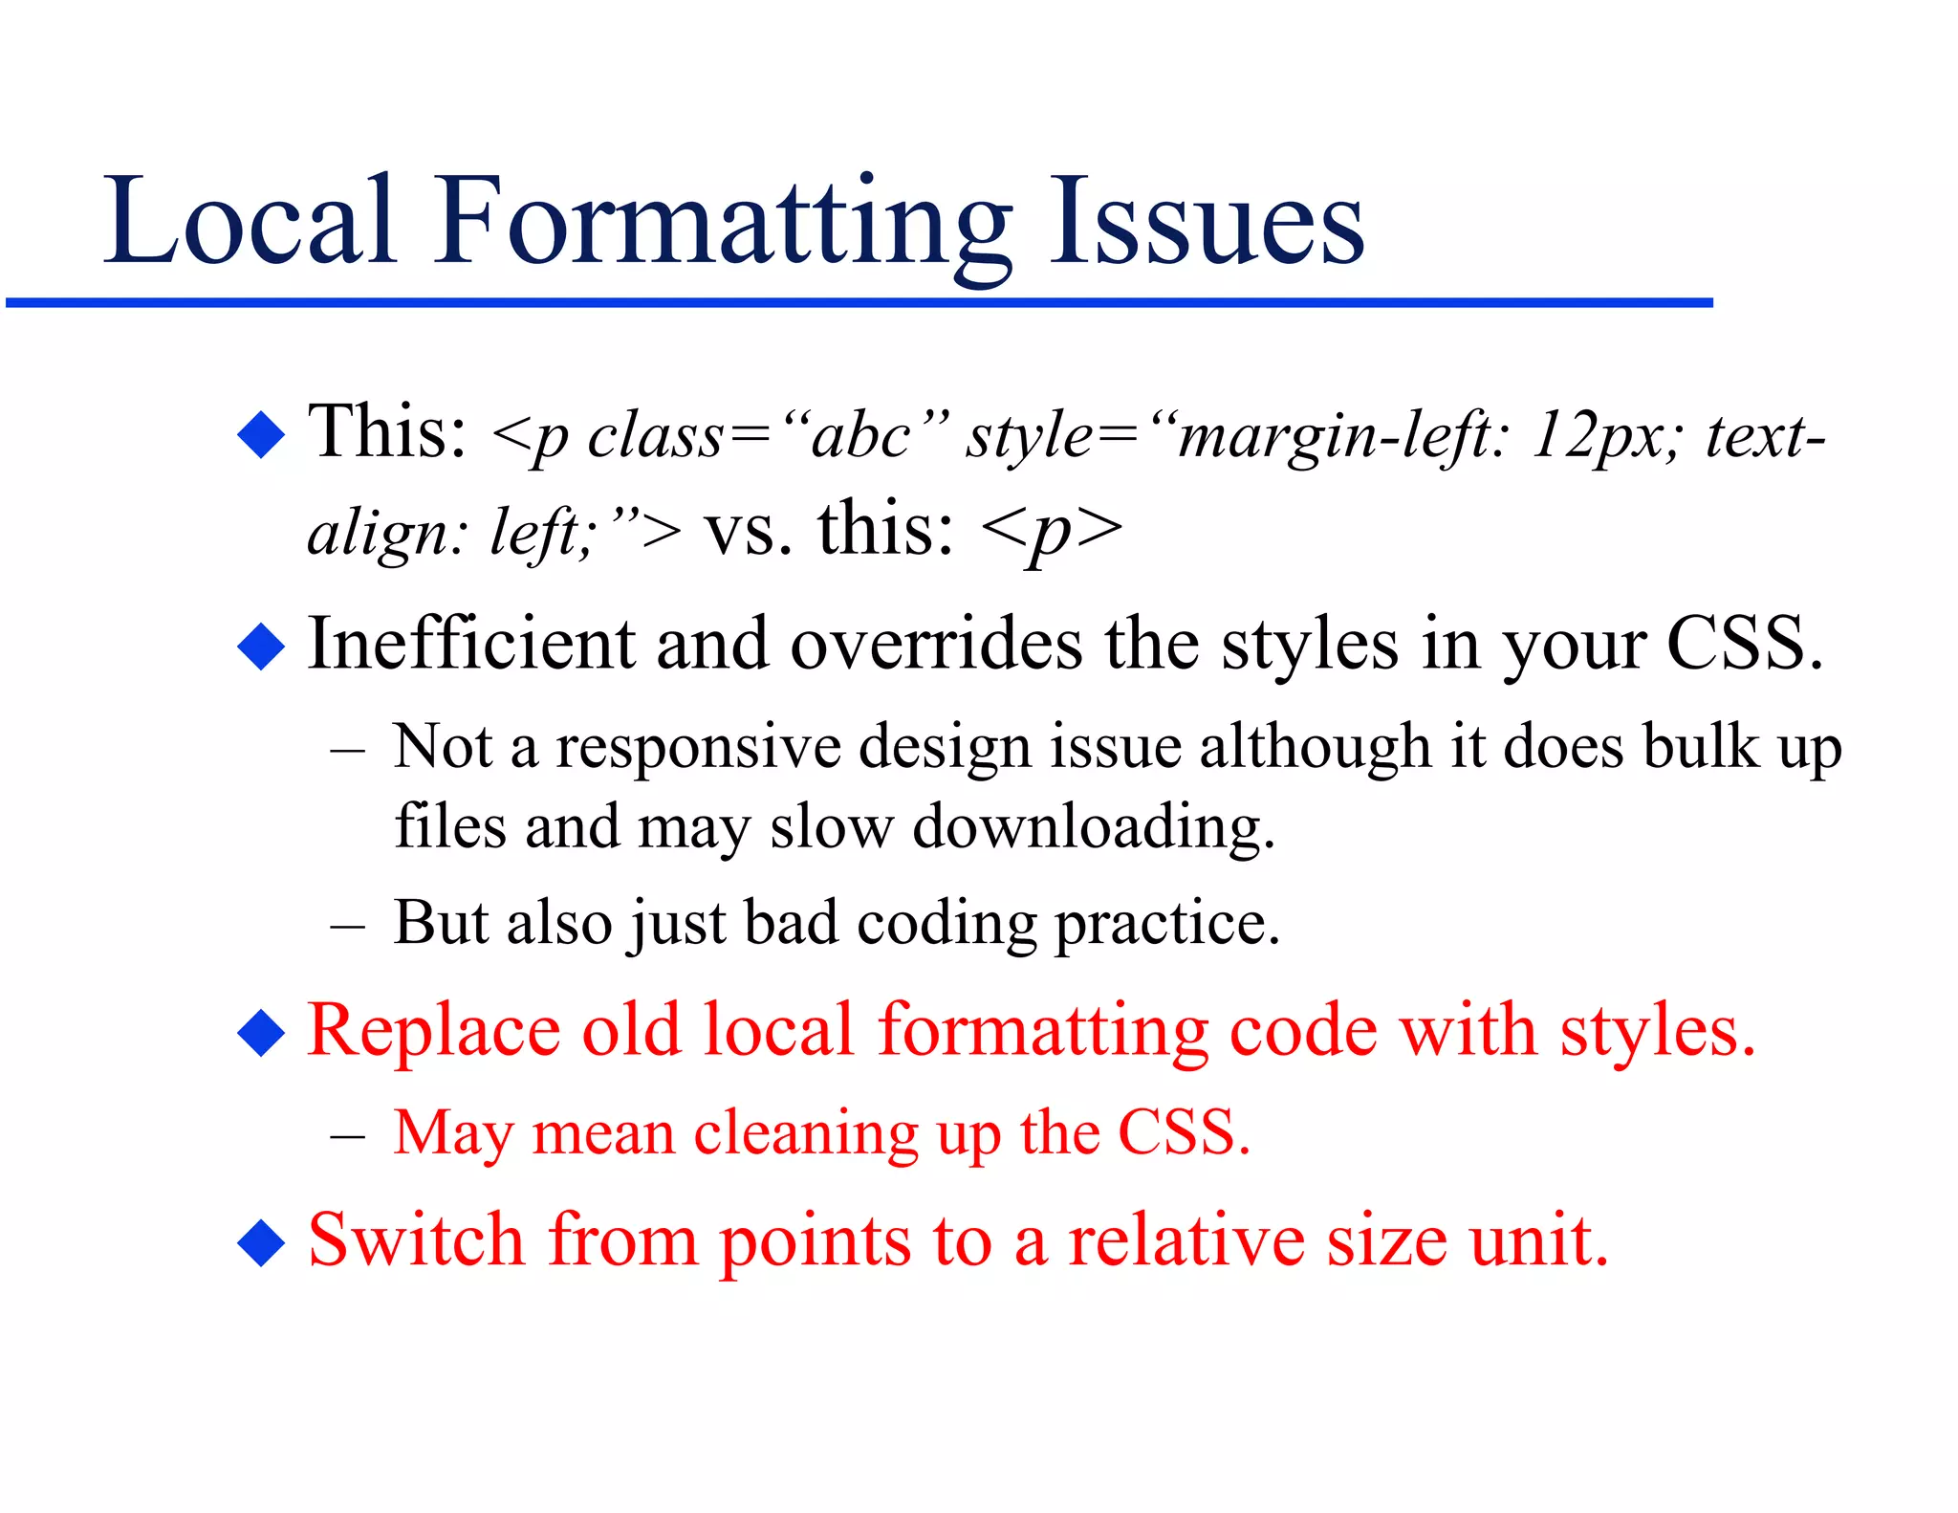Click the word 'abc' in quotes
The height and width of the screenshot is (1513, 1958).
click(859, 437)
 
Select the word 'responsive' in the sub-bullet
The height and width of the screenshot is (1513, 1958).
click(699, 747)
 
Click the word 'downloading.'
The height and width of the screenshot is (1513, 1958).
click(1094, 827)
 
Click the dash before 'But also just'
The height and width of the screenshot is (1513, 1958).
click(347, 927)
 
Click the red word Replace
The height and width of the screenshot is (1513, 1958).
click(433, 1031)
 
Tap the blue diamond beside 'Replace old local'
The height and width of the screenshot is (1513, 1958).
click(261, 1033)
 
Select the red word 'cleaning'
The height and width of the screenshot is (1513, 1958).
click(806, 1134)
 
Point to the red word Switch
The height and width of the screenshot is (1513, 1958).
click(416, 1240)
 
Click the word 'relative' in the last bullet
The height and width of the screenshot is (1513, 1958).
click(1186, 1240)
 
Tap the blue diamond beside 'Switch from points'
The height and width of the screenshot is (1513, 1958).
click(261, 1243)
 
